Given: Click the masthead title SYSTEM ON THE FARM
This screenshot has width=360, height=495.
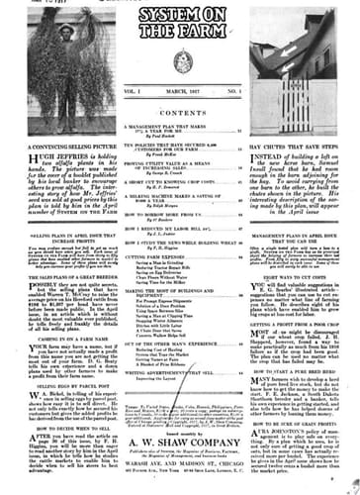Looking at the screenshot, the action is [x=179, y=21].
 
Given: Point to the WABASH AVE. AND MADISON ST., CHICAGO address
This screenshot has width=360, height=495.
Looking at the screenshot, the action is [x=179, y=472].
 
